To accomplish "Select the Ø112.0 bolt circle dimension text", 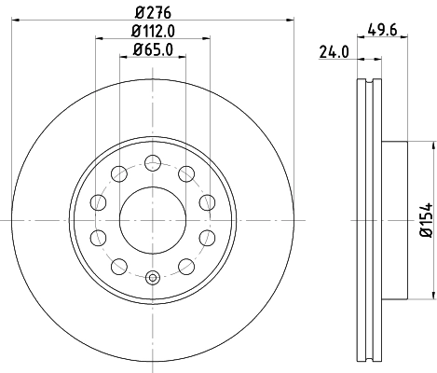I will (153, 33).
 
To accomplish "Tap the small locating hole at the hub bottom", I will (153, 276).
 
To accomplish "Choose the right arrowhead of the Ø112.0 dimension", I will (207, 41).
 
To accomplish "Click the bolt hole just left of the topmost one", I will (118, 173).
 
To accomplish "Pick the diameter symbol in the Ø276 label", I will (138, 13).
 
